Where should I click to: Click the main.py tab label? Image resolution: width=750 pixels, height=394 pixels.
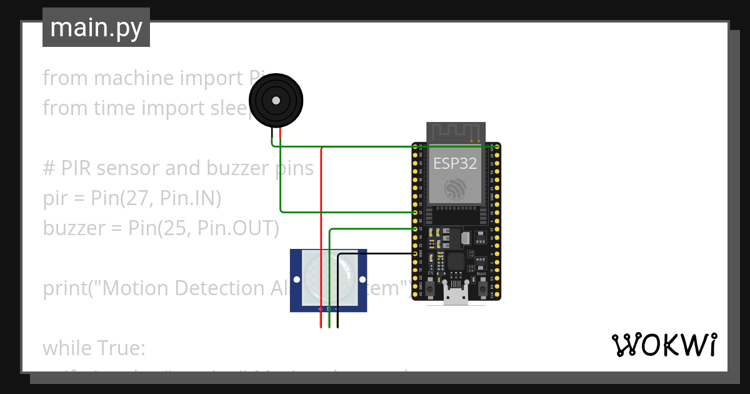coord(96,28)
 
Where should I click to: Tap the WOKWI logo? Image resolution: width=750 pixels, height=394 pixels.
coord(663,345)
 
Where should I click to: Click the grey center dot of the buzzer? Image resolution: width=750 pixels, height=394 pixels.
coord(276,100)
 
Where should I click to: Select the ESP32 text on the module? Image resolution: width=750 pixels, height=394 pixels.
coord(455,164)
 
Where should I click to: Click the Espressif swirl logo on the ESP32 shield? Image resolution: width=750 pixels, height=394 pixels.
coord(455,189)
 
